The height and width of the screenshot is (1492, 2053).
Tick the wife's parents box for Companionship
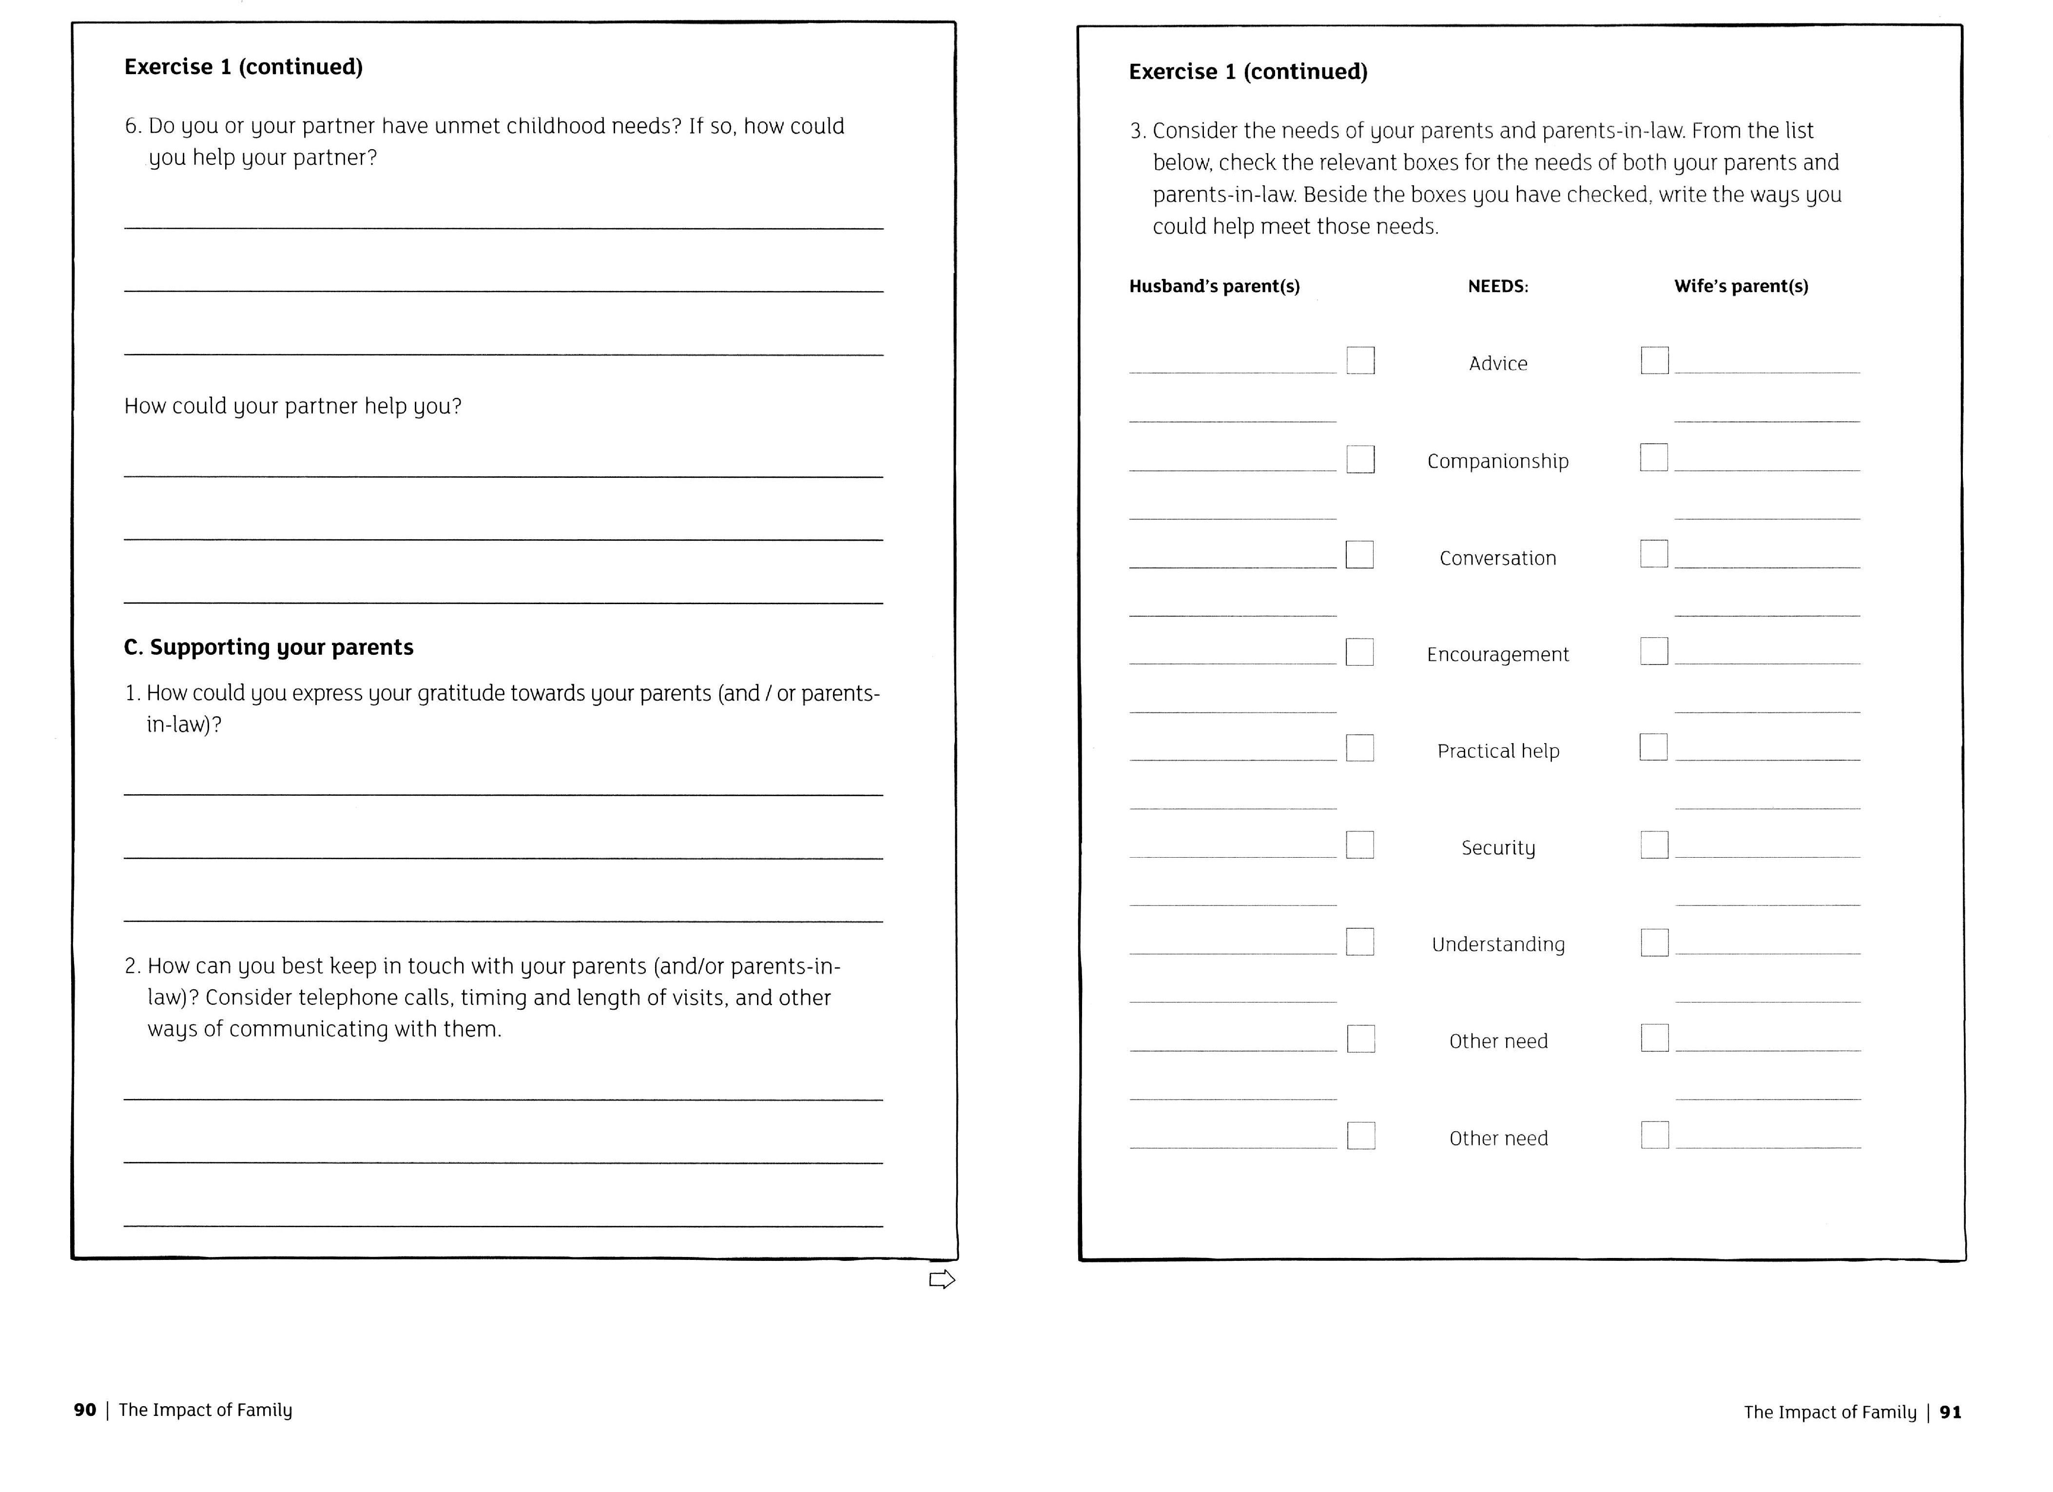tap(1654, 457)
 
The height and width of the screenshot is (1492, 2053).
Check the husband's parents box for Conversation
tap(1359, 554)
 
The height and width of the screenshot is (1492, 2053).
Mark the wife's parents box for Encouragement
tap(1654, 651)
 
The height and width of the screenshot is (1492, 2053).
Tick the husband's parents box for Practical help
tap(1359, 748)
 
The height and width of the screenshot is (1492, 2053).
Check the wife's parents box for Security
tap(1654, 844)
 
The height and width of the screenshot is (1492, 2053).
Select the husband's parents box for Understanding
tap(1359, 942)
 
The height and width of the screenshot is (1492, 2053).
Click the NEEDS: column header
tap(1497, 286)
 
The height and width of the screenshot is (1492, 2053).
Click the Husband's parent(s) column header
tap(1214, 286)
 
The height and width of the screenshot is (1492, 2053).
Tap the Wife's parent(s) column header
tap(1741, 286)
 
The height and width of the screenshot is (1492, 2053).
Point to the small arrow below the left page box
tap(941, 1279)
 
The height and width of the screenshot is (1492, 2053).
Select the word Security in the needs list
tap(1498, 847)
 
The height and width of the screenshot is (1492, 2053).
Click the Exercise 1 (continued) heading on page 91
tap(1247, 72)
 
